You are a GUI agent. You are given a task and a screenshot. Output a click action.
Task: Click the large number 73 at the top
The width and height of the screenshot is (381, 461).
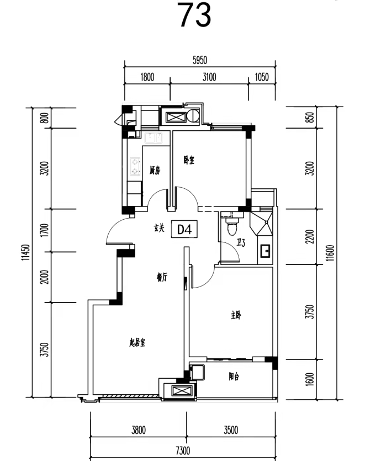point(195,15)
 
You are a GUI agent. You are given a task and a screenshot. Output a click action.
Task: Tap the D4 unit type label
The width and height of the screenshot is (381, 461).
point(184,229)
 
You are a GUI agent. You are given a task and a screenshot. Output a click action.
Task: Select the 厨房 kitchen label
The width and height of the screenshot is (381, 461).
point(155,171)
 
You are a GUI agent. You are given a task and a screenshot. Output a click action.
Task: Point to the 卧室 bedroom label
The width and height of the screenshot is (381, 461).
point(189,161)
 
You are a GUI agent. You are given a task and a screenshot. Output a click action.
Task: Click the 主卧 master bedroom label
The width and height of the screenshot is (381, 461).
point(236,315)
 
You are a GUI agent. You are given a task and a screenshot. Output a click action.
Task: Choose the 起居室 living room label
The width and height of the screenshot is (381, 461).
point(137,342)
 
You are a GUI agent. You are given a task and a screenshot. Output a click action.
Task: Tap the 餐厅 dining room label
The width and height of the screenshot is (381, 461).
point(162,277)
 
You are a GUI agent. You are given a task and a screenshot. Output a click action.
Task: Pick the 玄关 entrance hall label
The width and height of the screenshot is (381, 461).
point(159,228)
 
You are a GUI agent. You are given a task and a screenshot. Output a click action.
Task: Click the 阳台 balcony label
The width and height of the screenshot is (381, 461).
point(234,377)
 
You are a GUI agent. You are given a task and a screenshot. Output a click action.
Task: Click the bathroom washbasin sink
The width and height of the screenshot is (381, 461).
point(265,251)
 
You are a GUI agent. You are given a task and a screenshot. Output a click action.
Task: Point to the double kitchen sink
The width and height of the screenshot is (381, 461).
point(153,138)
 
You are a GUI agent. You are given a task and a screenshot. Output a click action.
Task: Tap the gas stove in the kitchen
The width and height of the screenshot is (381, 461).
point(135,167)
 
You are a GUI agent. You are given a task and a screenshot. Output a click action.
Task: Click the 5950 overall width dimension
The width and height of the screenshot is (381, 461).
point(200,60)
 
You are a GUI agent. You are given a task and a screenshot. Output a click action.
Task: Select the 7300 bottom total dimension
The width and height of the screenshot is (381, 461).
point(183,451)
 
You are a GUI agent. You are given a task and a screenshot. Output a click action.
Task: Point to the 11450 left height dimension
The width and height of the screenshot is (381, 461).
point(28,252)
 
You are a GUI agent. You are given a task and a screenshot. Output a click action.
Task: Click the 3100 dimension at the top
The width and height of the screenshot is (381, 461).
point(209,77)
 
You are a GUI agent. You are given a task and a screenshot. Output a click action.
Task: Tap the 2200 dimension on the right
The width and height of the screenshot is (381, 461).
point(310,237)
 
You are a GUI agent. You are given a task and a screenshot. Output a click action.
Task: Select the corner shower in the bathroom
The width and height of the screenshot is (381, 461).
point(261,223)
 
